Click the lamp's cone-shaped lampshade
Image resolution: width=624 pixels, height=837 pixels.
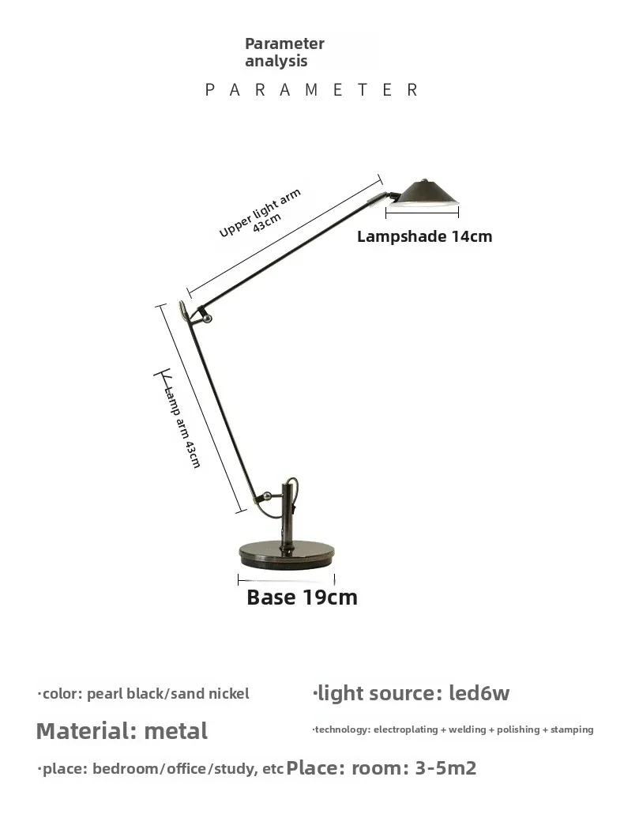click(x=423, y=193)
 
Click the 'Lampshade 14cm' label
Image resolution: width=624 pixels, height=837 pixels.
click(x=424, y=236)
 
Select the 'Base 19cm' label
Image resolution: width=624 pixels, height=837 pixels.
click(x=302, y=598)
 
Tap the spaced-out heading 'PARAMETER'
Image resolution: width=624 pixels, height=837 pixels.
click(x=311, y=89)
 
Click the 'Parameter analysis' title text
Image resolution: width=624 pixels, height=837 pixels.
click(x=284, y=52)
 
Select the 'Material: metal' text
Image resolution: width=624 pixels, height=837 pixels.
click(x=122, y=731)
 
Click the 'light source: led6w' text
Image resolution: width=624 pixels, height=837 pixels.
click(x=411, y=693)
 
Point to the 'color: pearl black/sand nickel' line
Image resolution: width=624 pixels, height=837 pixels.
click(x=143, y=694)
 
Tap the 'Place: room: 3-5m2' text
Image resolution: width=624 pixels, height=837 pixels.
click(x=382, y=768)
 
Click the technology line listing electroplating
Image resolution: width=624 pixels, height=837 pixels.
click(x=453, y=730)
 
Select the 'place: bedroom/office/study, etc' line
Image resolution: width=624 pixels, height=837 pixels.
click(x=160, y=769)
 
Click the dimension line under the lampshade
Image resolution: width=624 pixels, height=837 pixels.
click(x=422, y=213)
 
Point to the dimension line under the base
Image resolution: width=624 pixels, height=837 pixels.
click(x=287, y=579)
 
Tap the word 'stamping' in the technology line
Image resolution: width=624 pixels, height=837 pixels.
click(x=572, y=730)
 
